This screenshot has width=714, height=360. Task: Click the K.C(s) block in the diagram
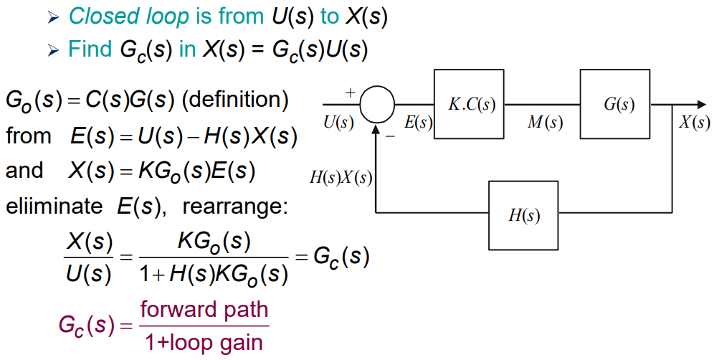pyautogui.click(x=470, y=104)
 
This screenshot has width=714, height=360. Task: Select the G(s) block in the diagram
pyautogui.click(x=619, y=104)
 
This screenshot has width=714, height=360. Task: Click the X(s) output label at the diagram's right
pyautogui.click(x=694, y=123)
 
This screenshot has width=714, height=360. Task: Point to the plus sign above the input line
pyautogui.click(x=351, y=93)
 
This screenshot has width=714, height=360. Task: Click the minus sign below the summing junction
pyautogui.click(x=390, y=135)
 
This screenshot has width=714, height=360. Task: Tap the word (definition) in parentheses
pyautogui.click(x=236, y=99)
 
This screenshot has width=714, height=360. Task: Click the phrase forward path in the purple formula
pyautogui.click(x=204, y=310)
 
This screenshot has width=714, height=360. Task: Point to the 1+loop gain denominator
pyautogui.click(x=204, y=341)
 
